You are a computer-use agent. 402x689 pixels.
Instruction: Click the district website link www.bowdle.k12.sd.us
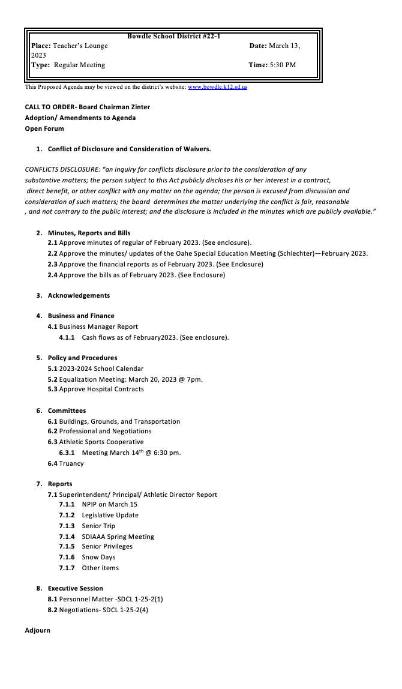click(x=217, y=87)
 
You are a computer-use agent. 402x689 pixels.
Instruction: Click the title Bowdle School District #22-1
click(x=173, y=37)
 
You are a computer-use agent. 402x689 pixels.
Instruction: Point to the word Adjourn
click(x=38, y=630)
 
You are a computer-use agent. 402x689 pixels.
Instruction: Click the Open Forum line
click(x=44, y=128)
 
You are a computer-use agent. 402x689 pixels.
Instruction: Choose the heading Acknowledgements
click(x=79, y=295)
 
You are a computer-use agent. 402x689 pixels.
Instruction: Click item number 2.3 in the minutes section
click(x=53, y=264)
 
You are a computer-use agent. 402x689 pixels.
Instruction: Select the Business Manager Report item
click(x=98, y=326)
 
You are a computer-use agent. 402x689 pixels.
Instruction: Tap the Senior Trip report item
click(x=98, y=526)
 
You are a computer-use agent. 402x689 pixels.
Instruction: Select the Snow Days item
click(x=98, y=557)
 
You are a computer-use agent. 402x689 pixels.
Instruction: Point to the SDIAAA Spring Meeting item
click(x=118, y=537)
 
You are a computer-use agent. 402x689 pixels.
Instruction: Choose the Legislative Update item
click(x=110, y=515)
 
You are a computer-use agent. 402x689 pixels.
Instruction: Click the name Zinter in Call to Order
click(x=138, y=107)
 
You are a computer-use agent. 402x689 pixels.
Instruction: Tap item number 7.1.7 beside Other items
click(x=67, y=568)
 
